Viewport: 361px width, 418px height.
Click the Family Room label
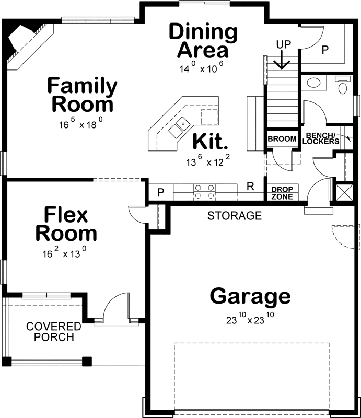[x=81, y=95]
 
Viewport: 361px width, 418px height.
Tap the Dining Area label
[x=203, y=41]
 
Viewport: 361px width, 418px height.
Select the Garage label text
[x=250, y=296]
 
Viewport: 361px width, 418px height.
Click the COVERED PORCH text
[x=54, y=332]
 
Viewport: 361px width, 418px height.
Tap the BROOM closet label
[x=282, y=139]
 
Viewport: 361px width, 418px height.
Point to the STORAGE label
[x=234, y=215]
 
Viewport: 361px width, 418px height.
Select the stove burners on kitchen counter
[x=205, y=192]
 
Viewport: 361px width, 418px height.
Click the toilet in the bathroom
[x=343, y=85]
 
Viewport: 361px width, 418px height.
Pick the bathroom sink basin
[x=315, y=83]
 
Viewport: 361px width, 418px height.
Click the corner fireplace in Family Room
[x=24, y=43]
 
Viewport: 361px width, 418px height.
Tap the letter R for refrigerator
[x=250, y=187]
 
